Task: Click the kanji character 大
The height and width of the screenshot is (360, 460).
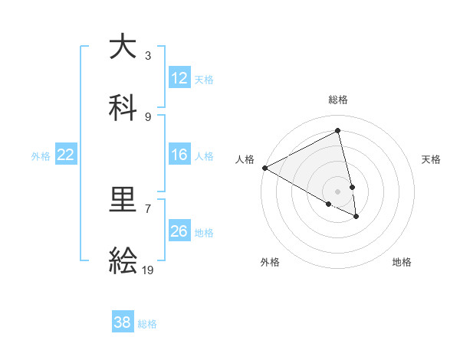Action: (x=123, y=47)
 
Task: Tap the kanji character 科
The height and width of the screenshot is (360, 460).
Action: (x=123, y=108)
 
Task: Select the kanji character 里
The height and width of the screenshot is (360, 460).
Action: (x=123, y=201)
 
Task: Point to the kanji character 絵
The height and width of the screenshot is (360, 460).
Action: (x=123, y=262)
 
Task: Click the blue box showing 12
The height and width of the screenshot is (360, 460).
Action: (x=179, y=78)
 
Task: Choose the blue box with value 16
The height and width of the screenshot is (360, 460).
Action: (x=179, y=155)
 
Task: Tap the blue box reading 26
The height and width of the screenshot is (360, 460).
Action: (x=179, y=231)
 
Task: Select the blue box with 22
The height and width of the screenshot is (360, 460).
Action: (x=66, y=155)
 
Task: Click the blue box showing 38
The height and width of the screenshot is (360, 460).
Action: (x=123, y=322)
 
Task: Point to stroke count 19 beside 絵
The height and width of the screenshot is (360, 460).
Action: (x=149, y=270)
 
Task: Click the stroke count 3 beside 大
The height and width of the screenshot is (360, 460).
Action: (x=148, y=55)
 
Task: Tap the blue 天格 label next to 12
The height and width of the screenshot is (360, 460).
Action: (x=204, y=79)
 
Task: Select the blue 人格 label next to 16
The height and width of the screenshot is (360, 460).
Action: (x=204, y=155)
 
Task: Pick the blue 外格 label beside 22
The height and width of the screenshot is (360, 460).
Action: (x=41, y=155)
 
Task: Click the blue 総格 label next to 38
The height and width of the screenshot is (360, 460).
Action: (x=147, y=323)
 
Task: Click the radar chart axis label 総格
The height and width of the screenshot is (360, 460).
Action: (x=338, y=100)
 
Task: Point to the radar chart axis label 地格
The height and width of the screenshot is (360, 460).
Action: (x=402, y=262)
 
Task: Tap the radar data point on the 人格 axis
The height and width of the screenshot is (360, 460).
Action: (x=264, y=168)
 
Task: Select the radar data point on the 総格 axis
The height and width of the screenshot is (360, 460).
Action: (x=338, y=131)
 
